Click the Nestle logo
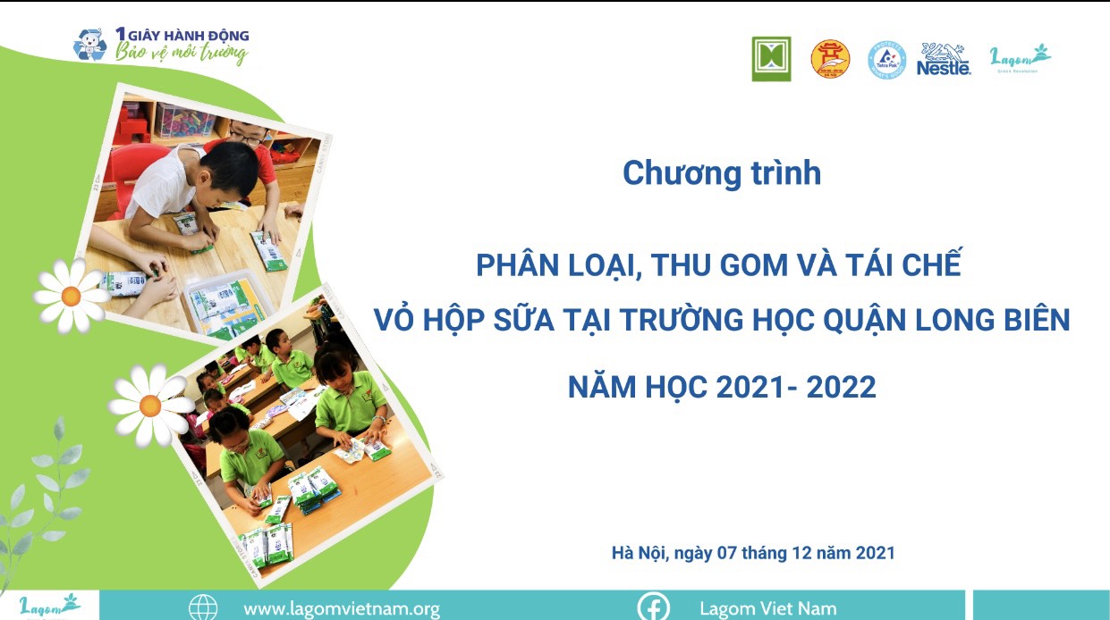(x=943, y=59)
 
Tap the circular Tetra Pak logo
(x=887, y=60)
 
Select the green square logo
(x=771, y=59)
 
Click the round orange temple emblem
(x=830, y=59)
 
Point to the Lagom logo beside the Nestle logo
(x=1020, y=58)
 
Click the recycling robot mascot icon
(x=89, y=45)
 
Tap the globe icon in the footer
(x=203, y=607)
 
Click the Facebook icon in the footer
(x=654, y=607)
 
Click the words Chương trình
(x=722, y=172)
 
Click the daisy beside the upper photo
(x=72, y=296)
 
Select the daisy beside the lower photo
(x=149, y=406)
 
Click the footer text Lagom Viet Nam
(x=768, y=608)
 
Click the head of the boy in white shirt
(x=229, y=168)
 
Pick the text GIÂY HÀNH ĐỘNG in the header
(x=189, y=36)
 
